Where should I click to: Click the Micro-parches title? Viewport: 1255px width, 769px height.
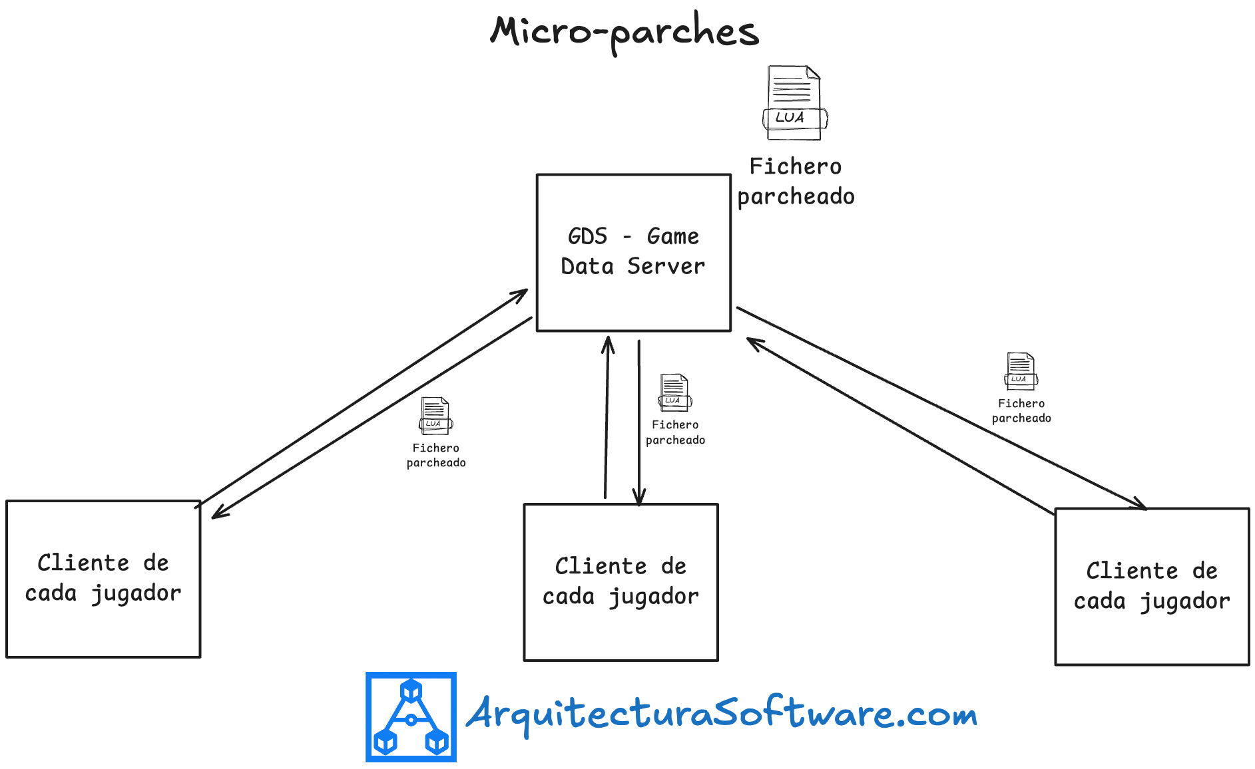click(625, 31)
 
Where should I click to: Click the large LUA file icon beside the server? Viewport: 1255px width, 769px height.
click(794, 103)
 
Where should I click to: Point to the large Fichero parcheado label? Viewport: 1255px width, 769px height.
click(796, 182)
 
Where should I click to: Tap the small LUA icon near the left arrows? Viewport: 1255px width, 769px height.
click(435, 416)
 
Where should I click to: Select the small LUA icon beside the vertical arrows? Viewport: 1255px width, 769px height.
click(674, 392)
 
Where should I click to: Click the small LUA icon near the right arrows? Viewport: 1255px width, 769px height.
click(1021, 371)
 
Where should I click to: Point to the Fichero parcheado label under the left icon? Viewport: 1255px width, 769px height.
click(436, 456)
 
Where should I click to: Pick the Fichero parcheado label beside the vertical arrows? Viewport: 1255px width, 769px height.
click(675, 432)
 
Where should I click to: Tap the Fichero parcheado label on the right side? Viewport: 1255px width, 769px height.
click(1021, 410)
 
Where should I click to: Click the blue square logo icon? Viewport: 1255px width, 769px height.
click(411, 716)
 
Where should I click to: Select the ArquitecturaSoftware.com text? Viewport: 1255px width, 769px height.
click(721, 714)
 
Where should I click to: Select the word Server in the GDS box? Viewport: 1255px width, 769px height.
click(666, 267)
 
